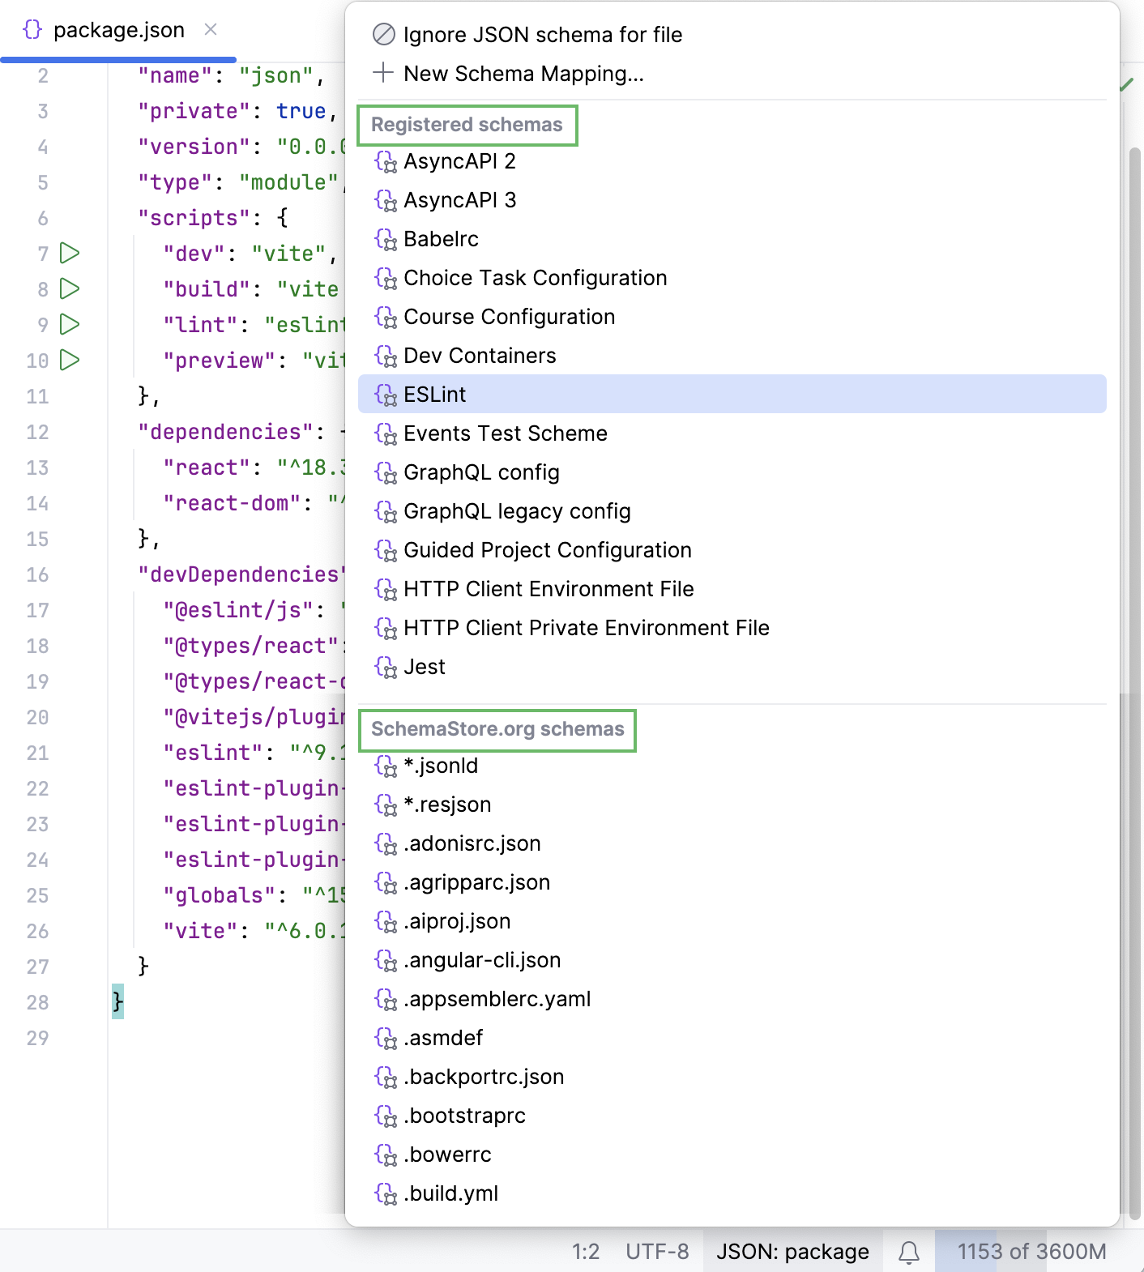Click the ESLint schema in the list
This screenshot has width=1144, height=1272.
(435, 395)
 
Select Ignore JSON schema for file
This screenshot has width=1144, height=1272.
(542, 35)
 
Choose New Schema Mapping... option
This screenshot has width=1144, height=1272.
(523, 74)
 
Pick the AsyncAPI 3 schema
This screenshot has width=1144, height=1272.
(459, 200)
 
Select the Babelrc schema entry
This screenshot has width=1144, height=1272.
(441, 239)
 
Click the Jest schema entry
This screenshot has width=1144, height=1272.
(425, 667)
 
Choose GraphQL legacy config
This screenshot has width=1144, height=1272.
(517, 511)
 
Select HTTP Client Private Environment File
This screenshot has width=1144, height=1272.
(586, 628)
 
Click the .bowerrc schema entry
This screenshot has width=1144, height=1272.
(447, 1155)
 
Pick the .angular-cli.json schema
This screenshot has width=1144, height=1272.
(482, 960)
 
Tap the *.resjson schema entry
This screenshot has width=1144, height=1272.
(447, 805)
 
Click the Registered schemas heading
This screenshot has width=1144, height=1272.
(467, 125)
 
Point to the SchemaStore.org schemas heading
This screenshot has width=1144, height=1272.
(497, 729)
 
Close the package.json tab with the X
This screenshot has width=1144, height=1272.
(211, 30)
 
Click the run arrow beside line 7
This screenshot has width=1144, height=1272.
(70, 254)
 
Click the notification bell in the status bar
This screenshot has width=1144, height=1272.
(909, 1253)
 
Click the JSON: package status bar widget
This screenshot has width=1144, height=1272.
(792, 1253)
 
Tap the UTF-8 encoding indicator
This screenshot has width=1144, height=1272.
(657, 1253)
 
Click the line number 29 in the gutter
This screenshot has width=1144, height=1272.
(37, 1038)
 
